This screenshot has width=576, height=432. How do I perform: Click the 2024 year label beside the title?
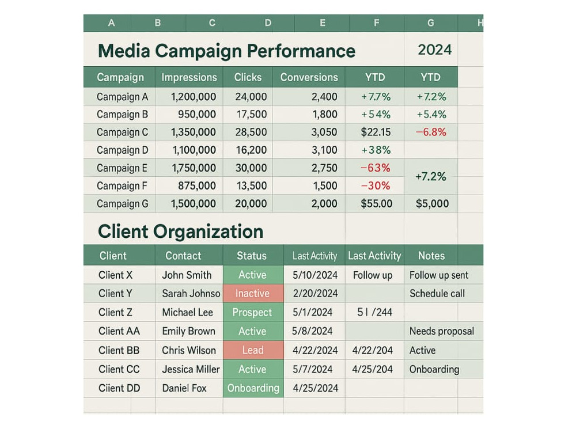point(434,50)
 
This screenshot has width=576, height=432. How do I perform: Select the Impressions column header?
point(189,77)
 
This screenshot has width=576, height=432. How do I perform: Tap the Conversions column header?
point(309,77)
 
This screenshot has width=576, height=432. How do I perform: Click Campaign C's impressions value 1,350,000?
point(193,132)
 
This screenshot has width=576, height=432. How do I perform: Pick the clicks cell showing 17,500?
point(251,114)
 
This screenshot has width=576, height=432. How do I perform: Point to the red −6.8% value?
point(431,132)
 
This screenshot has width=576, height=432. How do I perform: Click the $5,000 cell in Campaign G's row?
point(432,203)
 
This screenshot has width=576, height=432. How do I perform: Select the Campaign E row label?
point(122,168)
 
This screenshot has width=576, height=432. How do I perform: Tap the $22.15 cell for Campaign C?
point(376,132)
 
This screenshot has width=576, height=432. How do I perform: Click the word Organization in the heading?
point(209,232)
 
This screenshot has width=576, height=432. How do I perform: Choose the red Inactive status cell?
point(253,293)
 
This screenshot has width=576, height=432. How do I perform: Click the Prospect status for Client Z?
point(253,312)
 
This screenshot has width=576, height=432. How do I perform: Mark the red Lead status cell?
point(253,350)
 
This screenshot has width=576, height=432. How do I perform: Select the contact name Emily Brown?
point(189,331)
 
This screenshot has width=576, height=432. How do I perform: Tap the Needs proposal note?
point(442,331)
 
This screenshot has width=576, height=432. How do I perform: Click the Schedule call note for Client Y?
point(437,294)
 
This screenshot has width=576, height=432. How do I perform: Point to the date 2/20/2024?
point(315,293)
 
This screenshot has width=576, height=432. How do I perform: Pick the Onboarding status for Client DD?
point(253,388)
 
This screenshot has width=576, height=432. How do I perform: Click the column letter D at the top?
point(268,23)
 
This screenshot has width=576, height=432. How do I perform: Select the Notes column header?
point(431,256)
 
